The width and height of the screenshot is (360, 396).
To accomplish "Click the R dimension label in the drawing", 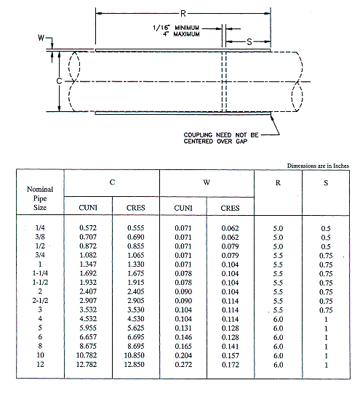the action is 183,13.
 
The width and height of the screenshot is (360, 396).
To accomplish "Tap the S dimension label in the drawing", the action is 249,41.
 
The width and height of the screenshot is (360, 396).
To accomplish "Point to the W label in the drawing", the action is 41,38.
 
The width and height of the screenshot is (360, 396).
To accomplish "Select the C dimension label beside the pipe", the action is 59,81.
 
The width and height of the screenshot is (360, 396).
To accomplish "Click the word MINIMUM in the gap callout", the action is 187,28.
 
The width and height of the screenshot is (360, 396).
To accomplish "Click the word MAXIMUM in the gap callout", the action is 187,34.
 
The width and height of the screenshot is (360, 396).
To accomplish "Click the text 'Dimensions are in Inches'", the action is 318,166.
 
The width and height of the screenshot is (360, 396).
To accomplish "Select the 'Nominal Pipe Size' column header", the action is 40,198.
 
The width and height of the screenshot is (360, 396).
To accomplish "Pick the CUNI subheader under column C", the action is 88,208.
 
